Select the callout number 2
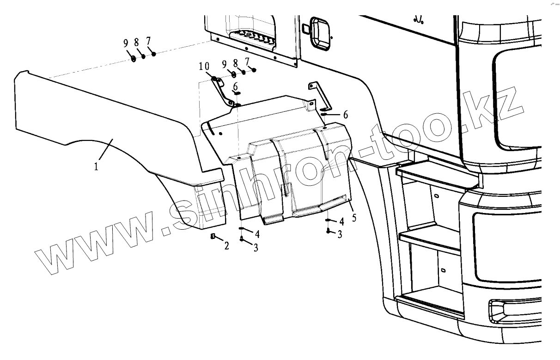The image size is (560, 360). click(x=226, y=246)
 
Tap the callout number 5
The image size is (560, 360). click(x=354, y=217)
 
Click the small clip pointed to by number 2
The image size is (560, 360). click(x=213, y=237)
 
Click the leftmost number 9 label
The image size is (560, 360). click(x=126, y=43)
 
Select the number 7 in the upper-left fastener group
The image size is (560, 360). click(x=148, y=42)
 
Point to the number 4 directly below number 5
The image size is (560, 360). click(x=341, y=221)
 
